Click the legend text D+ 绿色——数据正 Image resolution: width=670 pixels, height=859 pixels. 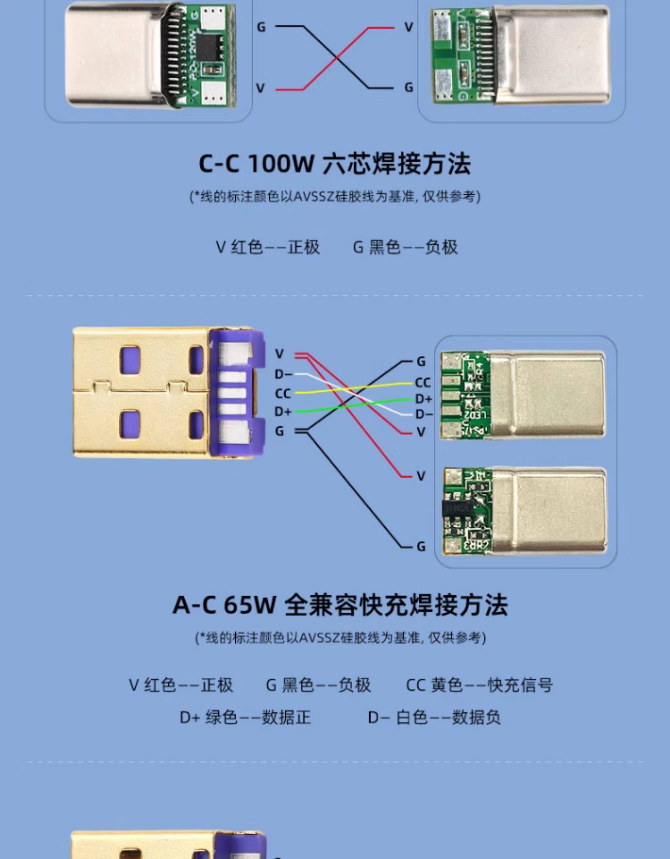pyautogui.click(x=245, y=717)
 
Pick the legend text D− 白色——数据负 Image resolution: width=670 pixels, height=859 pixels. pyautogui.click(x=434, y=717)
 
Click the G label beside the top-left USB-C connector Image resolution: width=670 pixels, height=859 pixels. pyautogui.click(x=261, y=27)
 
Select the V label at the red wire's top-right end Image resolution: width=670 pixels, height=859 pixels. pyautogui.click(x=409, y=27)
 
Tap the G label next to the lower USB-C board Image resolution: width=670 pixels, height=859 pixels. pyautogui.click(x=421, y=547)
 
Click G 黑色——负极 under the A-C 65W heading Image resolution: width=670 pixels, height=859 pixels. pyautogui.click(x=318, y=685)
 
